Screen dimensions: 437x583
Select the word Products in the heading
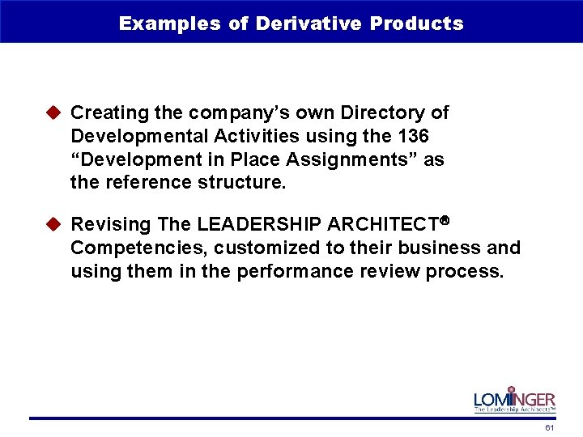click(x=417, y=23)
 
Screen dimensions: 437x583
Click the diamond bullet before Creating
click(x=56, y=112)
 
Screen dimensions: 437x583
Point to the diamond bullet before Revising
click(x=56, y=224)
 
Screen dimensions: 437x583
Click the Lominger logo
click(x=514, y=400)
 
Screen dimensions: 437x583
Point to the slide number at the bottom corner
click(x=550, y=427)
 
